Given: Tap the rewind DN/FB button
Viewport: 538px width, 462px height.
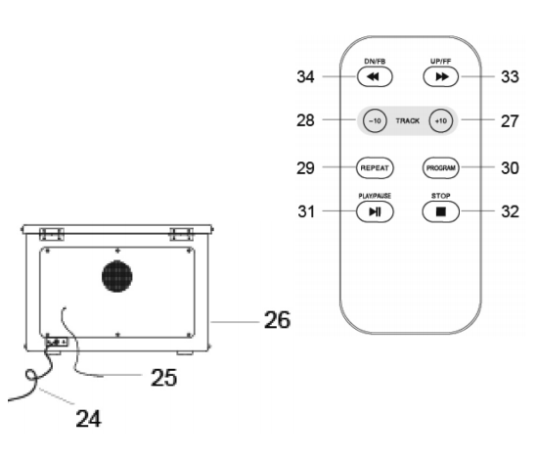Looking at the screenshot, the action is [x=375, y=76].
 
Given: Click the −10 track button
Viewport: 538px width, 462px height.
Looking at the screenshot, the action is [x=375, y=120].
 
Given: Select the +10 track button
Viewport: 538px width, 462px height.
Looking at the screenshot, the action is [x=441, y=120].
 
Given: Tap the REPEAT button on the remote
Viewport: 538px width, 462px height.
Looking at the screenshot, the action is [x=375, y=167].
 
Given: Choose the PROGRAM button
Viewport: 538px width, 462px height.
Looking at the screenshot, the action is [x=441, y=167].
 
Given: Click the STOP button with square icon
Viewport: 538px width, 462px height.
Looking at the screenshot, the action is [x=441, y=211].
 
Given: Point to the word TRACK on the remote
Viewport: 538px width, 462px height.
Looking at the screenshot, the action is [x=408, y=120].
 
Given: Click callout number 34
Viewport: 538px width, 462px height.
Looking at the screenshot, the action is [x=305, y=77].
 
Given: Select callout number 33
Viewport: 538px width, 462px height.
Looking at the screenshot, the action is [x=510, y=77].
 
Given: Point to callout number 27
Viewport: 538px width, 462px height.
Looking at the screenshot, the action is [x=510, y=121].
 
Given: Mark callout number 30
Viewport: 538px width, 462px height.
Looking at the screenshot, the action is [x=510, y=168].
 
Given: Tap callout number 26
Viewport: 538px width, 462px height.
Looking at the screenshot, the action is [x=277, y=320].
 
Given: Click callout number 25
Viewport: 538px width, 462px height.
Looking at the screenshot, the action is [x=164, y=378].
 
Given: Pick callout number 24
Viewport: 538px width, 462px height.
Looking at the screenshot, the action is [x=88, y=418].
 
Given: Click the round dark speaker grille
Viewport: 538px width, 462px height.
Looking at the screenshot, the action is [x=117, y=276].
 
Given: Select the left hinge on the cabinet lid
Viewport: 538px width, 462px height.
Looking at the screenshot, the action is [x=52, y=235].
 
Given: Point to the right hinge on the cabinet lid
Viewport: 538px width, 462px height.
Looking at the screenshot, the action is [x=182, y=235].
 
